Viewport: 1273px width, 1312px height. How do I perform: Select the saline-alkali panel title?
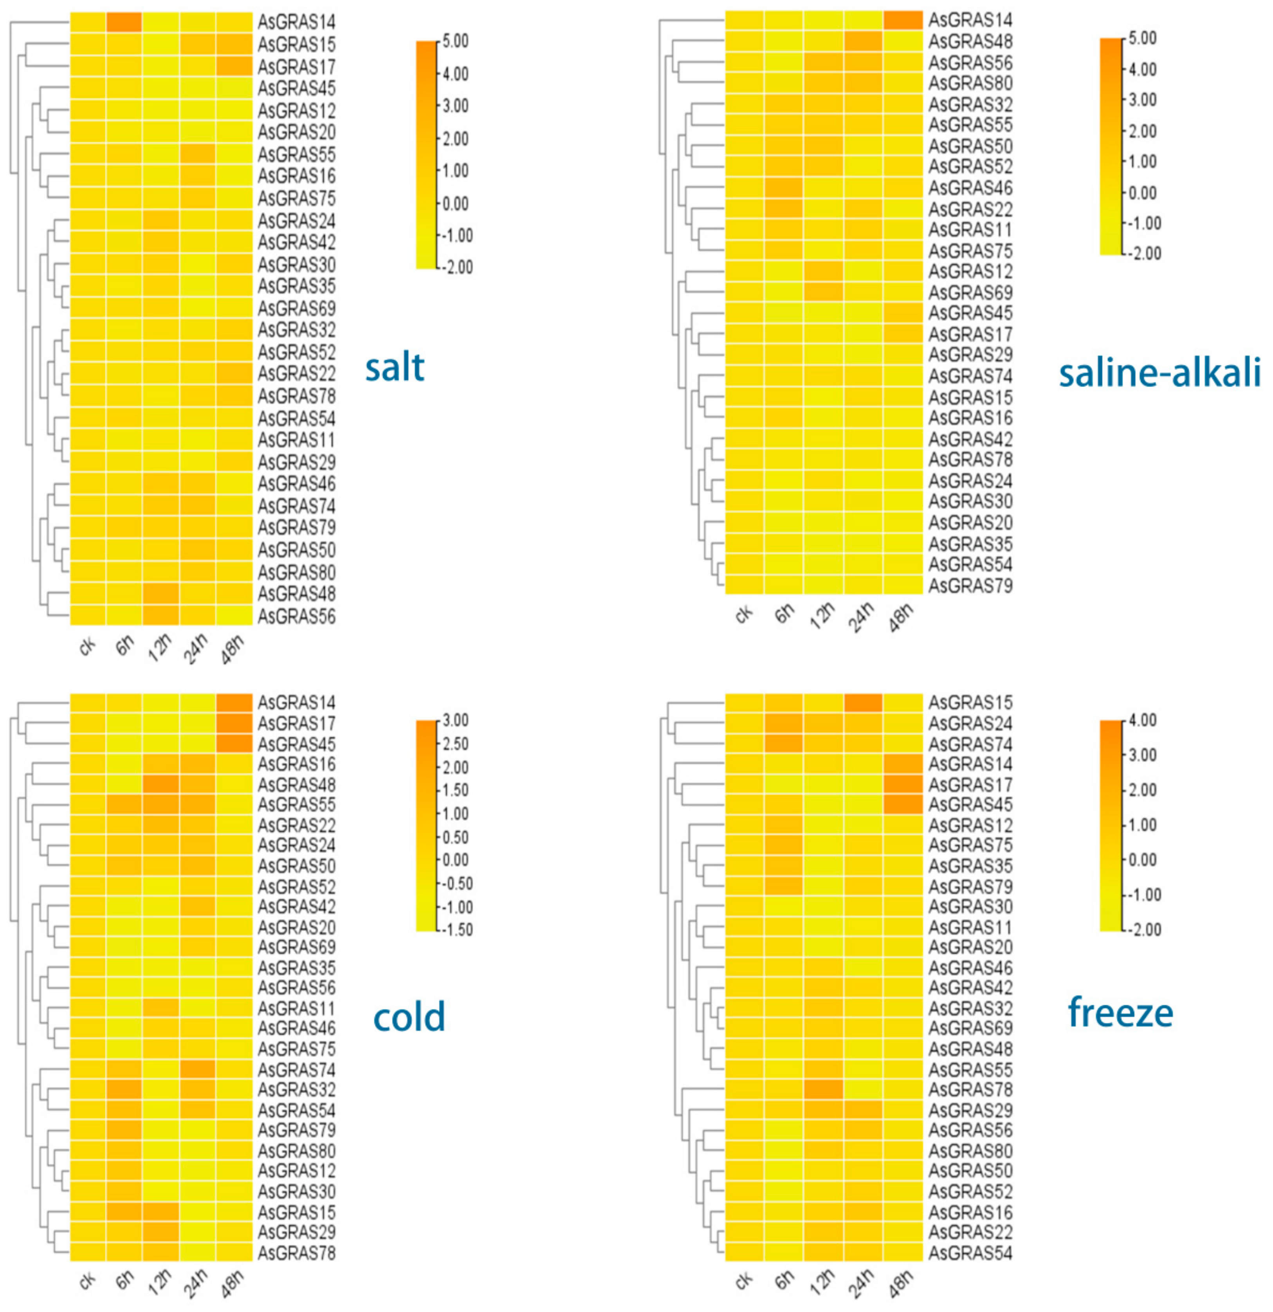(x=1159, y=373)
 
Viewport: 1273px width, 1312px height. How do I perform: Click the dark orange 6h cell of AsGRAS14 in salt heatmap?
(x=124, y=22)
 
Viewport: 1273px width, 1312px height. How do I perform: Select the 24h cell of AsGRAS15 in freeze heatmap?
(x=864, y=702)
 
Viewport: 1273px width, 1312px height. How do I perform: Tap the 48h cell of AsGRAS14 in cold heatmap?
(x=234, y=702)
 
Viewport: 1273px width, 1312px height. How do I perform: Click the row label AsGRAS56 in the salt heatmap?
(x=296, y=616)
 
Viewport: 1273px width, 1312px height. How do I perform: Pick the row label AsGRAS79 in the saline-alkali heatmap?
(x=970, y=586)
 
